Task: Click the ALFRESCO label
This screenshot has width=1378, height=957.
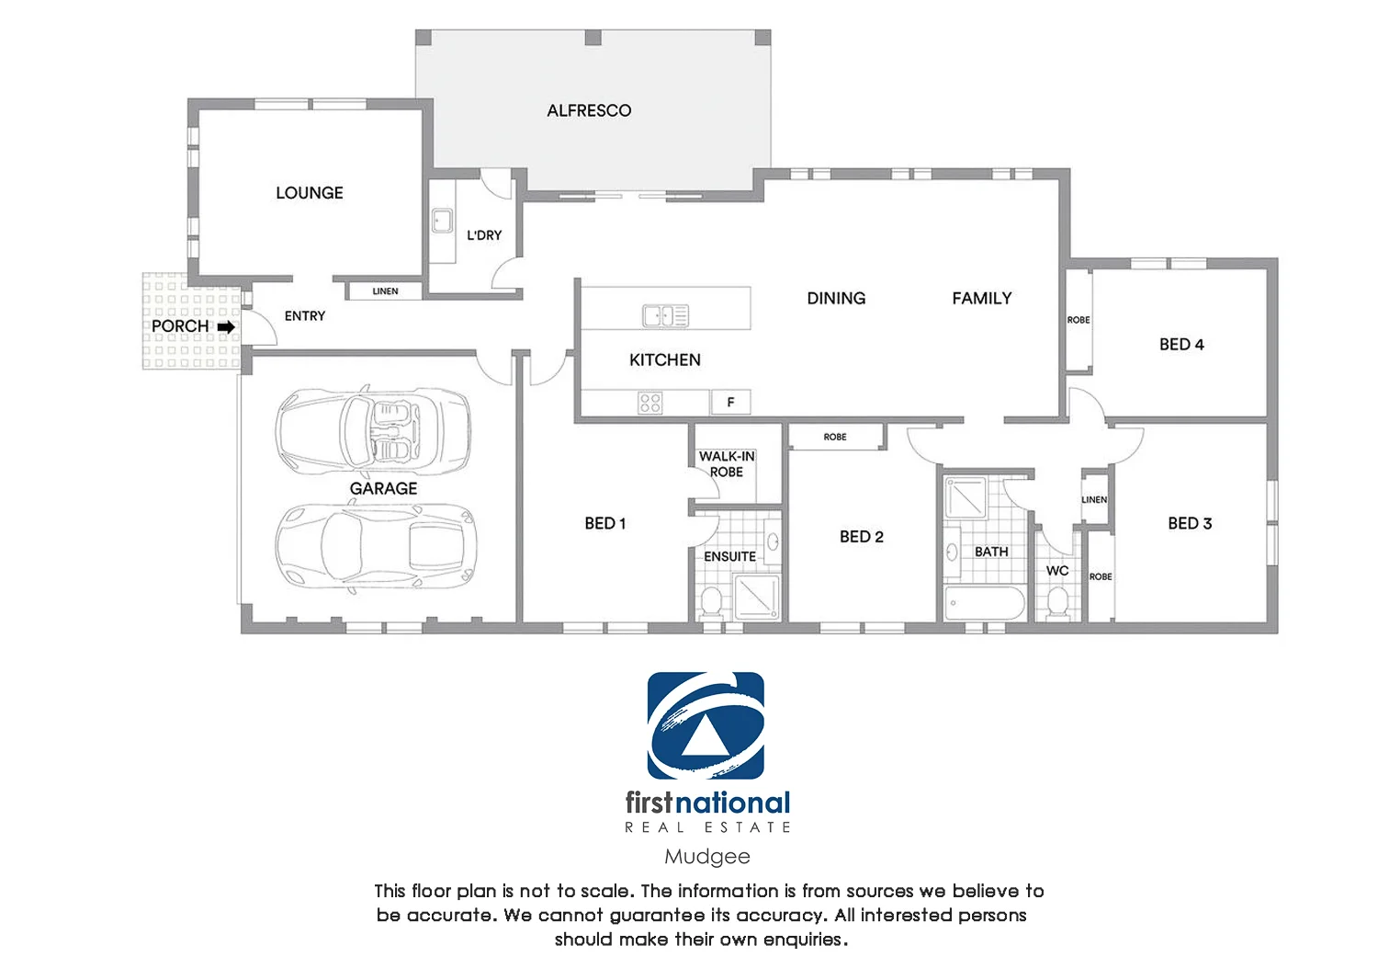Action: (589, 110)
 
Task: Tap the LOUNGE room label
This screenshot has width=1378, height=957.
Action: (310, 193)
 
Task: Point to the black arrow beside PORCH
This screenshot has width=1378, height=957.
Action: (226, 326)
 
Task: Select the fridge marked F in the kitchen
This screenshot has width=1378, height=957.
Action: (730, 402)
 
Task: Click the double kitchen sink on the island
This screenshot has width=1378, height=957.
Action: (665, 315)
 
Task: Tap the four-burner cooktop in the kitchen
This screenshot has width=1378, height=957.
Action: (650, 402)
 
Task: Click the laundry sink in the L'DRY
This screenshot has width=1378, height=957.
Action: (442, 222)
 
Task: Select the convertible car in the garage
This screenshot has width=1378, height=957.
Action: (372, 430)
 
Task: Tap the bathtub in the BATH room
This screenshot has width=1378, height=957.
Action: (984, 604)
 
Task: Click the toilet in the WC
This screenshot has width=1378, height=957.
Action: (1057, 602)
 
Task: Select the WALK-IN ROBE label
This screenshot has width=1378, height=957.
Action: (726, 463)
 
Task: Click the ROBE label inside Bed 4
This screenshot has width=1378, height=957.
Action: (1079, 320)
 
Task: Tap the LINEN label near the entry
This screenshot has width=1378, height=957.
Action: (385, 291)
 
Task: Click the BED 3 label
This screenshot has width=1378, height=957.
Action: (1190, 523)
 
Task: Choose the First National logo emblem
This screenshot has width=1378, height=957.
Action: (706, 725)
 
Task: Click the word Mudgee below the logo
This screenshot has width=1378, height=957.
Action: (706, 856)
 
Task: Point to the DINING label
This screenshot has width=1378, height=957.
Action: (836, 298)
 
